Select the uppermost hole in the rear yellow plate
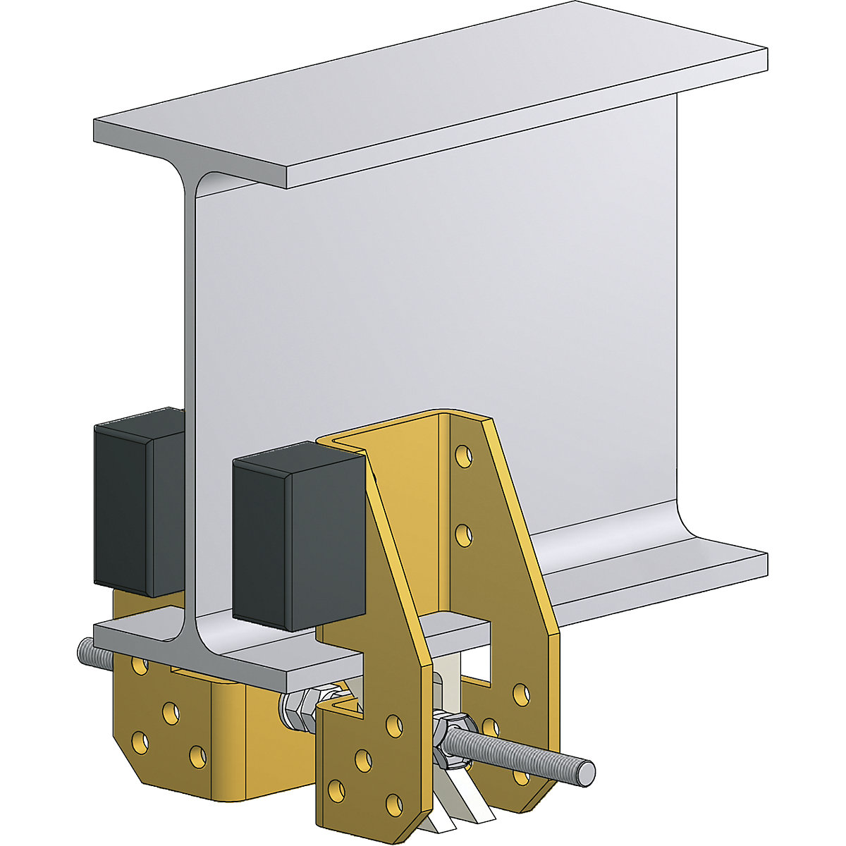coord(463,455)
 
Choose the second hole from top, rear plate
coord(463,535)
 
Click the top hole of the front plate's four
coord(394,724)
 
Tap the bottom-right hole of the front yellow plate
coord(395,803)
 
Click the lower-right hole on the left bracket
coord(199,756)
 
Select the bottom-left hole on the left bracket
coord(139,742)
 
